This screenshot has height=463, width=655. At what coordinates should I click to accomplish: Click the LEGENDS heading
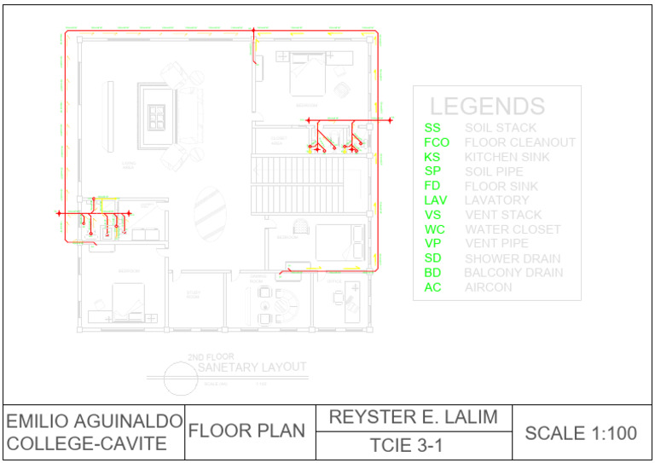coord(487,107)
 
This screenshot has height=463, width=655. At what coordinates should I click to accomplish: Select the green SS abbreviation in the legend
coord(432,128)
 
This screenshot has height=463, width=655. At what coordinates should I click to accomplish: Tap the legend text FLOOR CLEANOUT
coord(520,142)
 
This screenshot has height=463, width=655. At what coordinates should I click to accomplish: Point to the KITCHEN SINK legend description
coord(507,157)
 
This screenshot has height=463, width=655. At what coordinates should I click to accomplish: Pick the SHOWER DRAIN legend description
coord(513,258)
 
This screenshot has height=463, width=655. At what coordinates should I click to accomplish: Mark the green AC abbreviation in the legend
coord(432,287)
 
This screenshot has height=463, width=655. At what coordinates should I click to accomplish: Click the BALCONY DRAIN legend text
coord(513,273)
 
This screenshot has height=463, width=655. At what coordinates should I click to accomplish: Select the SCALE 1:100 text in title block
coord(581,433)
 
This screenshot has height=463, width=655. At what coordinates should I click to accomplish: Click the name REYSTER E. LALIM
coord(414,418)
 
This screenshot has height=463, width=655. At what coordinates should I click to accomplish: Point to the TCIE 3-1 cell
coord(414,446)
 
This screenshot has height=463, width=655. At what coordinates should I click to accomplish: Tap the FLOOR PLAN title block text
coord(246,431)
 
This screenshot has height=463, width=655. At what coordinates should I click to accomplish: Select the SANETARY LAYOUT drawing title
coord(252,368)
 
